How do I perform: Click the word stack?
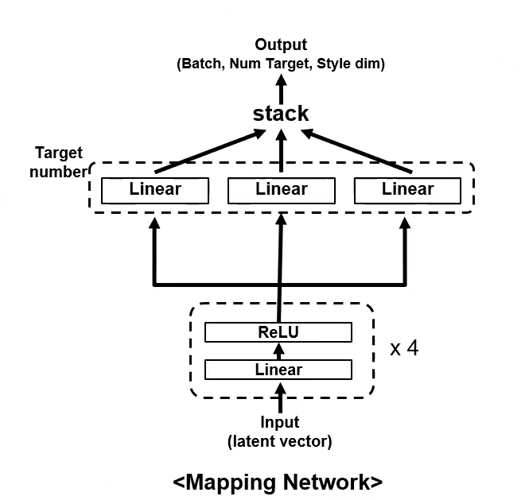280,114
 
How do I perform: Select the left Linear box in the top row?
155,189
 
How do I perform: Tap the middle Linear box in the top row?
281,189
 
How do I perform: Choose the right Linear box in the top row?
407,189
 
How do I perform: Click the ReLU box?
278,331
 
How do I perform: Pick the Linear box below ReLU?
278,370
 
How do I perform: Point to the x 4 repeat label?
404,350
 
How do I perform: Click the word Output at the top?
281,45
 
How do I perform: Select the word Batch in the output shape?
201,64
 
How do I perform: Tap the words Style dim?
350,64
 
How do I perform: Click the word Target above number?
59,151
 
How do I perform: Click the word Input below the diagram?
280,422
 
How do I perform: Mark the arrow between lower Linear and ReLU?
278,351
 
